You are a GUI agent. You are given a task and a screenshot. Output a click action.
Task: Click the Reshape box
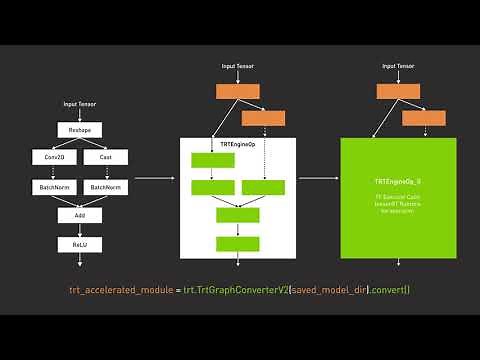80,130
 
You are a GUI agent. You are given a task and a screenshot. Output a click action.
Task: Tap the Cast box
105,158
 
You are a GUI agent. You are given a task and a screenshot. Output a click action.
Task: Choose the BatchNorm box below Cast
105,186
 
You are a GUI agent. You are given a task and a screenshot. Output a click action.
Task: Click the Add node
80,215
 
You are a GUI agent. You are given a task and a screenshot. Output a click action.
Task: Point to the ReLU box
80,243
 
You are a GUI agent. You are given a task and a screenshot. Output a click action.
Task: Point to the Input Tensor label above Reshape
80,104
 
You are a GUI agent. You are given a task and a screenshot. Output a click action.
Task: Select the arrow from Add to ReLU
80,229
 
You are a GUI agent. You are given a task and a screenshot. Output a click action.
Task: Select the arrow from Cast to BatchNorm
105,172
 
